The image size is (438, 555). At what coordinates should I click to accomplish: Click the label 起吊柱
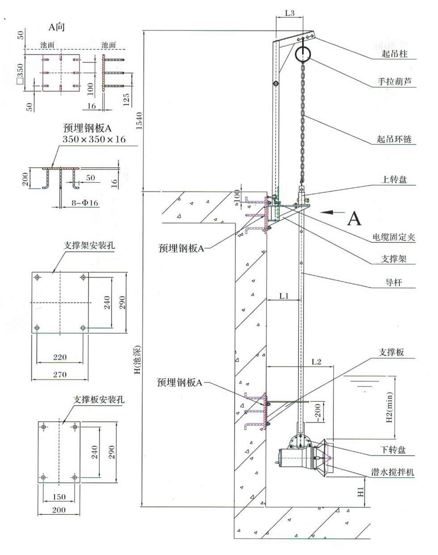pyautogui.click(x=394, y=54)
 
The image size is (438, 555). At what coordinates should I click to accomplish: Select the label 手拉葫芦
pyautogui.click(x=394, y=81)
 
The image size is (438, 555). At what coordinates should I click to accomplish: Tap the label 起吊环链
pyautogui.click(x=394, y=139)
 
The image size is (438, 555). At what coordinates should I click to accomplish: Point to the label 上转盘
pyautogui.click(x=394, y=179)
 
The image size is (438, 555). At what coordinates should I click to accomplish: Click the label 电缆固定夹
pyautogui.click(x=394, y=237)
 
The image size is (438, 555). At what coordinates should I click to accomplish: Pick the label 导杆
pyautogui.click(x=394, y=282)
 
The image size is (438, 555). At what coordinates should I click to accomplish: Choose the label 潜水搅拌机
pyautogui.click(x=392, y=472)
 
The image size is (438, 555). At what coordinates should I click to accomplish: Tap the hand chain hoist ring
pyautogui.click(x=303, y=54)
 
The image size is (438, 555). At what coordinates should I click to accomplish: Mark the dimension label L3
pyautogui.click(x=290, y=13)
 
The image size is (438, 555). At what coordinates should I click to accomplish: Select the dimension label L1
pyautogui.click(x=284, y=296)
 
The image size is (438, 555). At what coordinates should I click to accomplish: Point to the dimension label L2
pyautogui.click(x=316, y=362)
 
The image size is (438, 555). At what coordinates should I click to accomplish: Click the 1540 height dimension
pyautogui.click(x=139, y=121)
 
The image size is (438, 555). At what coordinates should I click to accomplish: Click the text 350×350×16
pyautogui.click(x=94, y=139)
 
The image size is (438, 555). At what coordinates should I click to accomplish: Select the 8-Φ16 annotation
pyautogui.click(x=85, y=203)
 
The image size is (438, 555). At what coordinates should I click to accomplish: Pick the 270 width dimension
pyautogui.click(x=60, y=374)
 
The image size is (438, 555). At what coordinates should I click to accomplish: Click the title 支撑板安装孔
pyautogui.click(x=99, y=400)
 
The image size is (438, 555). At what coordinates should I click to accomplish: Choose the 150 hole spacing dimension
pyautogui.click(x=59, y=496)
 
